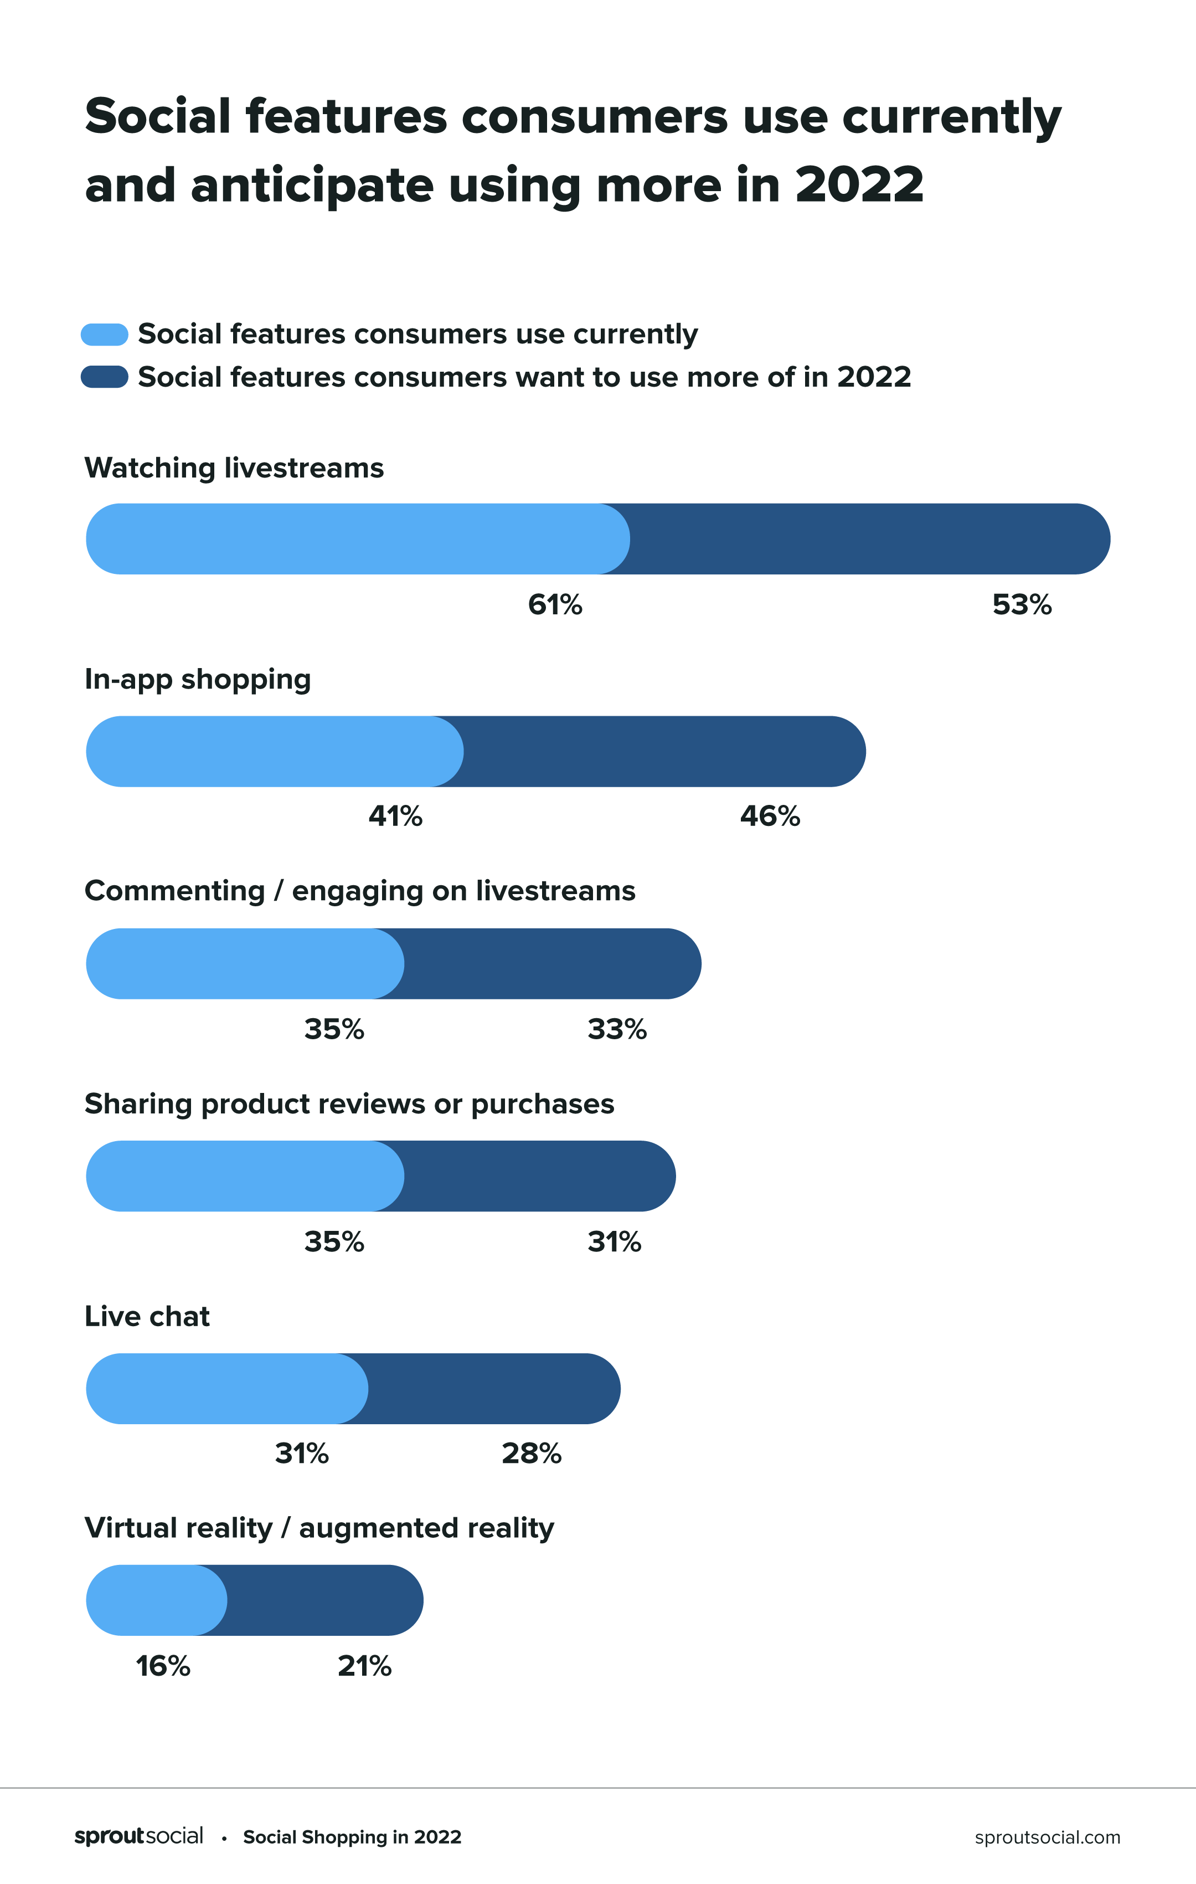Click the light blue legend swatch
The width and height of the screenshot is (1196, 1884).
click(104, 334)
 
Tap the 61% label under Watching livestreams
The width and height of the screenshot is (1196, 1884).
click(555, 605)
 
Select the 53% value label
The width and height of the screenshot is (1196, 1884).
click(1022, 605)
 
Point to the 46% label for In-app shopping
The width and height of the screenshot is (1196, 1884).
click(770, 816)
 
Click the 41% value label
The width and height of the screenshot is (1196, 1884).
click(395, 816)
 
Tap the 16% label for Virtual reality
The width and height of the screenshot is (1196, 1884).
click(163, 1666)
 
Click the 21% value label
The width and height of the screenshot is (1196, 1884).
click(364, 1666)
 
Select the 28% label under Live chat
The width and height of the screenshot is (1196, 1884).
click(531, 1453)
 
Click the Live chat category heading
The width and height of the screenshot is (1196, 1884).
click(147, 1316)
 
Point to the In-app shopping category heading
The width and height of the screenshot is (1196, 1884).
click(197, 679)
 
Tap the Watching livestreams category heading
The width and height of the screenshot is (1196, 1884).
click(234, 468)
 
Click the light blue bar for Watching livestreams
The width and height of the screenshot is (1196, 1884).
click(352, 539)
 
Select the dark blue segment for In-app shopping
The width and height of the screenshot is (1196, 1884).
click(665, 751)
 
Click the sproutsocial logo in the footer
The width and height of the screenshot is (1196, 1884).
click(138, 1836)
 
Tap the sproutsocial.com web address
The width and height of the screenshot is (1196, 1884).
click(1046, 1837)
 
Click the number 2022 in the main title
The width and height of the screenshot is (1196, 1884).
click(859, 186)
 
